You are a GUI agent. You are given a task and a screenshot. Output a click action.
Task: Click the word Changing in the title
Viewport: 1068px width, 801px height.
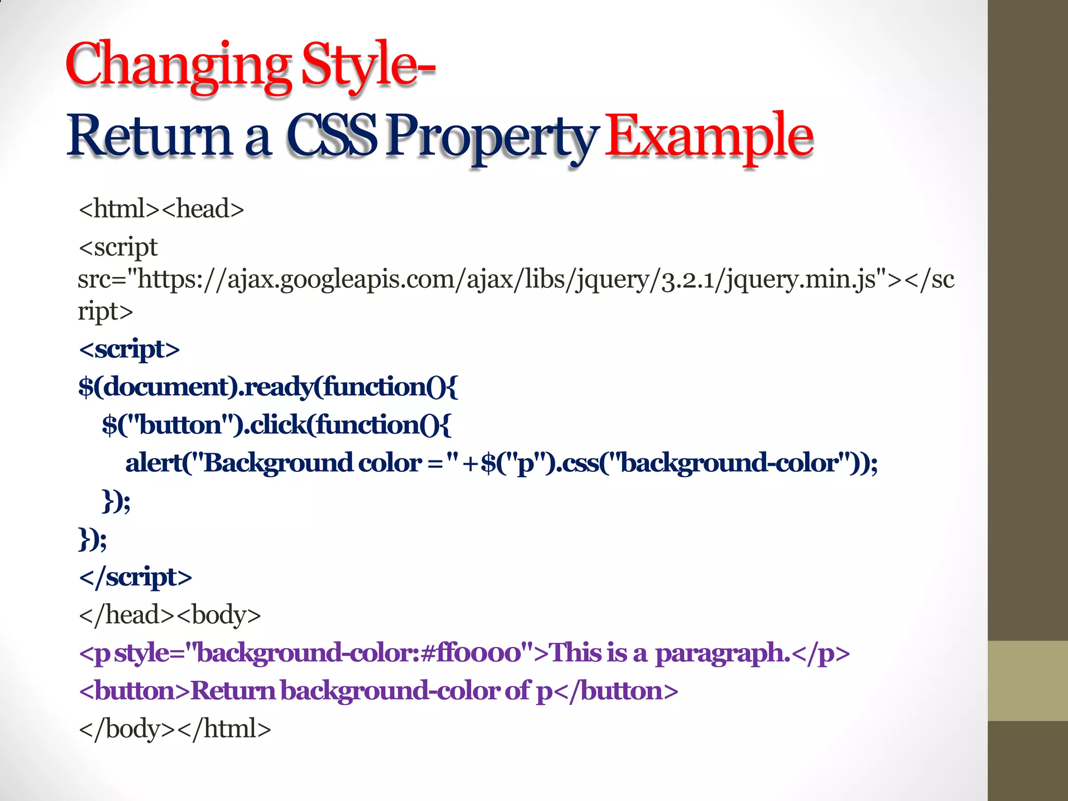pyautogui.click(x=177, y=65)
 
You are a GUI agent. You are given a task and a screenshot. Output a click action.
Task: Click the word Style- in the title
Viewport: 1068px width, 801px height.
pyautogui.click(x=368, y=65)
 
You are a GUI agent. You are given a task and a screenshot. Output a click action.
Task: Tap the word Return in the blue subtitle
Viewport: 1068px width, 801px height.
pyautogui.click(x=149, y=137)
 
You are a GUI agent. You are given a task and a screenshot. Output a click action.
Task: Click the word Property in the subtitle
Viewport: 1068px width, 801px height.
pyautogui.click(x=490, y=137)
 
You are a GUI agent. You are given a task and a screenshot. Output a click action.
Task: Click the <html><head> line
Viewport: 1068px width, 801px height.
pyautogui.click(x=161, y=209)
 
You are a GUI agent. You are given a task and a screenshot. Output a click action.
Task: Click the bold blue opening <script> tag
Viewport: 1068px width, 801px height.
pyautogui.click(x=129, y=349)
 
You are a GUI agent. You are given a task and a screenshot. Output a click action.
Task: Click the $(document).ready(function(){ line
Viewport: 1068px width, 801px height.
pyautogui.click(x=268, y=387)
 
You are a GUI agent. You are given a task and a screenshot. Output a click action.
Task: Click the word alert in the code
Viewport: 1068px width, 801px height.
pyautogui.click(x=153, y=463)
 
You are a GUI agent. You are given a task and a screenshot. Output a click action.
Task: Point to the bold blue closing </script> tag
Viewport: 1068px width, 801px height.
pyautogui.click(x=135, y=577)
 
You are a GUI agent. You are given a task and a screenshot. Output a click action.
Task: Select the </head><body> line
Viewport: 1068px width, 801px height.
pyautogui.click(x=169, y=615)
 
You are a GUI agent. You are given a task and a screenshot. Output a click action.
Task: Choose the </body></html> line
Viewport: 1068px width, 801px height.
pyautogui.click(x=175, y=729)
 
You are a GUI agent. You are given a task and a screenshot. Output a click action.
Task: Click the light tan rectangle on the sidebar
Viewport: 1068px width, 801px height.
pyautogui.click(x=1027, y=681)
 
